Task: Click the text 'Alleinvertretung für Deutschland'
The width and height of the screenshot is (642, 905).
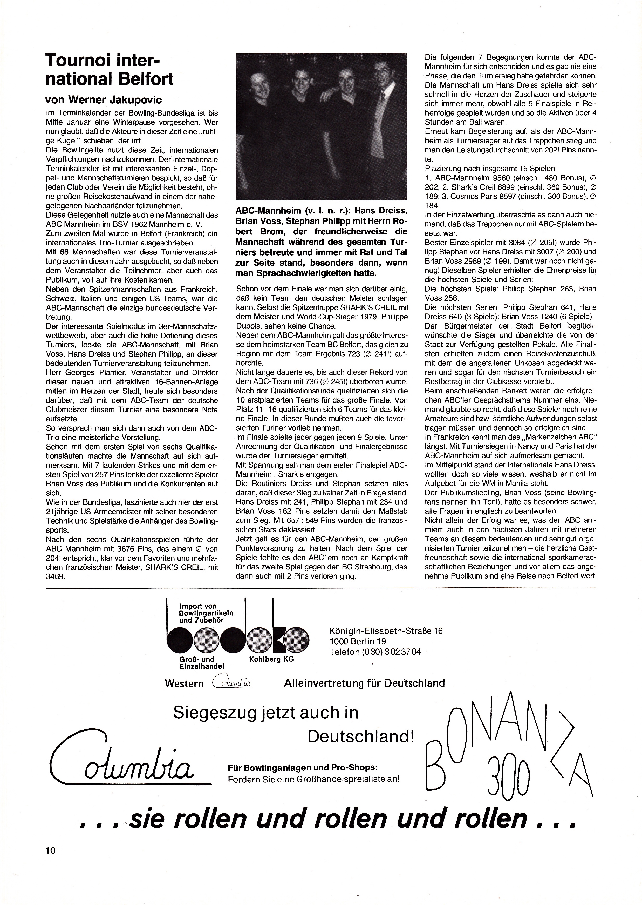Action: [364, 683]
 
